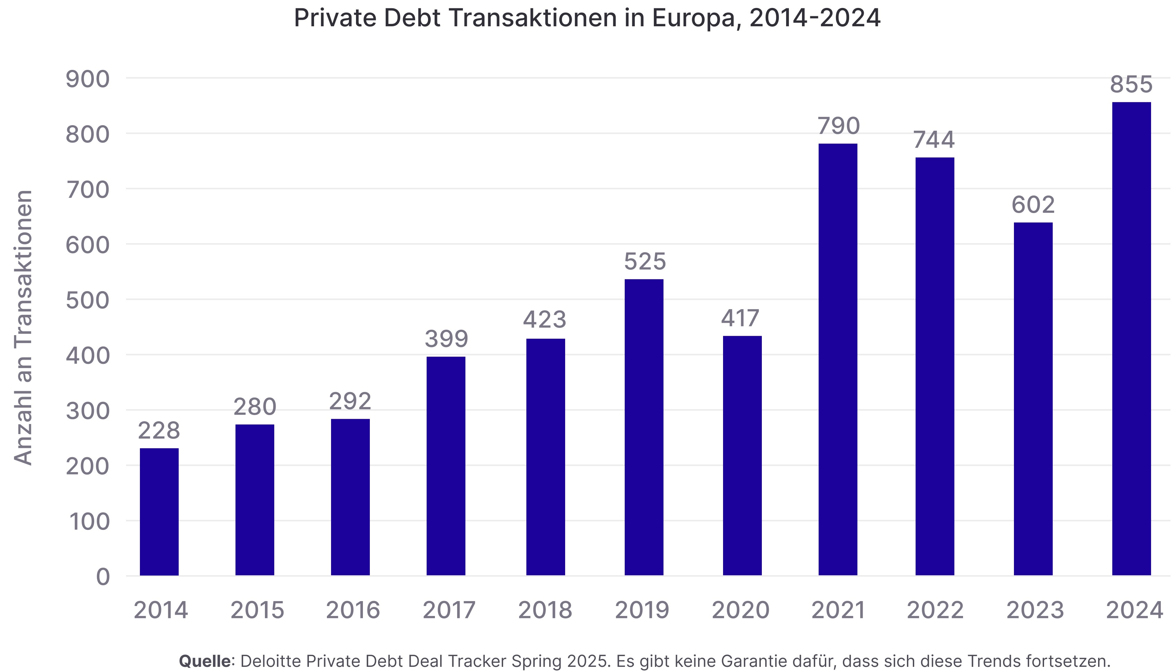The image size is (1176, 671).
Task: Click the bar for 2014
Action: click(x=159, y=512)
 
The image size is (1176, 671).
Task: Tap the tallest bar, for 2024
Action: click(x=1131, y=339)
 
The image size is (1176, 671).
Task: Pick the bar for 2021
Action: click(x=838, y=359)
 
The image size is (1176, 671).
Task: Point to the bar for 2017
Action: click(x=446, y=466)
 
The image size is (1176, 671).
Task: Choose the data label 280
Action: click(x=255, y=406)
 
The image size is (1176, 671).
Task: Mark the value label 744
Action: click(x=934, y=140)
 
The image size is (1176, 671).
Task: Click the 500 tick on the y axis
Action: click(x=88, y=301)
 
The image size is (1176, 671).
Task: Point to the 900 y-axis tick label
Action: click(x=88, y=79)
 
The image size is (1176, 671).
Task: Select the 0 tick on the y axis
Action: click(x=103, y=577)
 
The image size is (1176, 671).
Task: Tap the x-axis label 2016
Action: click(x=353, y=610)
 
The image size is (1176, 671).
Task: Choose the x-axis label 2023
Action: click(x=1035, y=610)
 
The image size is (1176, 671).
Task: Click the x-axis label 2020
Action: click(x=740, y=610)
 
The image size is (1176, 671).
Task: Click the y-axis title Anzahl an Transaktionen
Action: click(x=22, y=327)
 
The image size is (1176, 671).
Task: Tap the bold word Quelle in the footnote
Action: click(x=207, y=661)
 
